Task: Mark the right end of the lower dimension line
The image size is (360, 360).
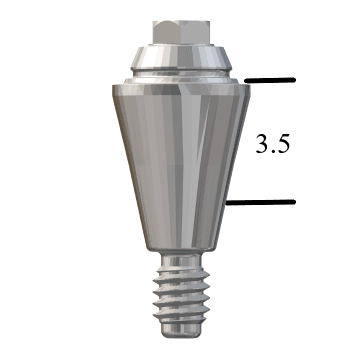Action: pyautogui.click(x=294, y=203)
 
